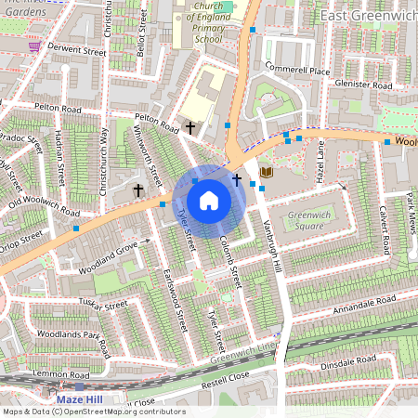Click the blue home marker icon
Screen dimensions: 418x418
click(x=209, y=200)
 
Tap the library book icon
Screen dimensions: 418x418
click(x=268, y=173)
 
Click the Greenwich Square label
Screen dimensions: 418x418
click(x=308, y=220)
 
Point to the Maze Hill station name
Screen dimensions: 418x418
click(x=82, y=399)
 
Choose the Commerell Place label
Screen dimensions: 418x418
click(x=296, y=71)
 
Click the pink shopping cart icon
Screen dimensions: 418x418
click(x=34, y=46)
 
